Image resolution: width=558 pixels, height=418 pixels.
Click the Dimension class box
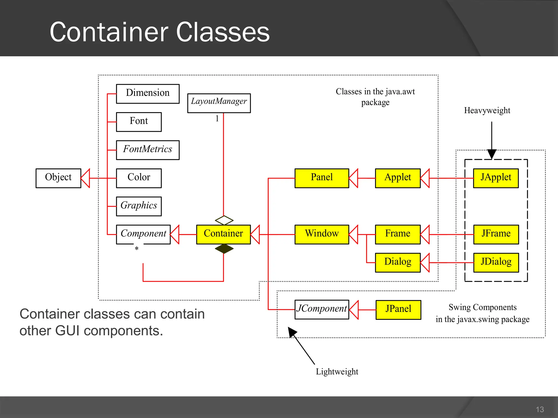[148, 94]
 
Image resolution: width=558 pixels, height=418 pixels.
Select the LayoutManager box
[219, 103]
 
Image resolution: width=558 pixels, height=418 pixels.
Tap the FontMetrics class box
[148, 150]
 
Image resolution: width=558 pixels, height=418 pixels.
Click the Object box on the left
[58, 178]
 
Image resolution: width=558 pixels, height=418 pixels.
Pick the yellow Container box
[223, 234]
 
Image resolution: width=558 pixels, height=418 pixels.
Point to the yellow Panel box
[322, 178]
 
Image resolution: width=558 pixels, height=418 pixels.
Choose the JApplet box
[496, 178]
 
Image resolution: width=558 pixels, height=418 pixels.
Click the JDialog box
[496, 262]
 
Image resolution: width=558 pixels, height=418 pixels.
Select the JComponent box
[322, 309]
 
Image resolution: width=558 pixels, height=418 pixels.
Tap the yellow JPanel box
[398, 310]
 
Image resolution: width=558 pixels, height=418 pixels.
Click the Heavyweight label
[487, 110]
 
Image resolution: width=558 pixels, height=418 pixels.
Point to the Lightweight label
[337, 372]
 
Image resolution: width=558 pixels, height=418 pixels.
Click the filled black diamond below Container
[224, 248]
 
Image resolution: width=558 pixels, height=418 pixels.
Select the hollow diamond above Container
[224, 220]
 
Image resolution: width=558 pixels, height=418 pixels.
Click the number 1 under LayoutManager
[217, 118]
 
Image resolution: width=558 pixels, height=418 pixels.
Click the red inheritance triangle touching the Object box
[86, 178]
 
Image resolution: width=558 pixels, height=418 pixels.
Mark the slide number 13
[539, 409]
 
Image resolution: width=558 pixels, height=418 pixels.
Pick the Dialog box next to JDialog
[398, 262]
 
